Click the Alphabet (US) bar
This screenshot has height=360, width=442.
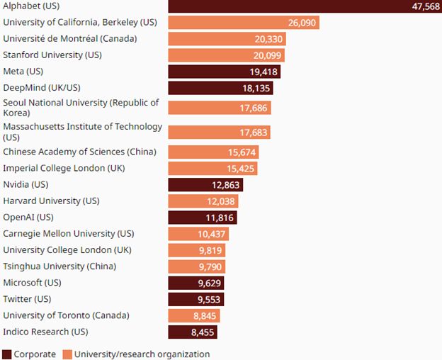pos(305,6)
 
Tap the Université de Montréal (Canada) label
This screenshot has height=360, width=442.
pos(70,38)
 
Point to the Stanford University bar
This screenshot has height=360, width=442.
pos(226,55)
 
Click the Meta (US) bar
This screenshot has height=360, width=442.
pos(224,71)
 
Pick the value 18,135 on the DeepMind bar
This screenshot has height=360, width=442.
pos(256,88)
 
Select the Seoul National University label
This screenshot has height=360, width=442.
pos(81,108)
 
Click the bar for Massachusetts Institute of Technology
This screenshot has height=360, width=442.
pos(219,133)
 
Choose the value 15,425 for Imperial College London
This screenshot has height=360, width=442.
pos(240,169)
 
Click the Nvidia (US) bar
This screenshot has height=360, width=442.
pos(205,185)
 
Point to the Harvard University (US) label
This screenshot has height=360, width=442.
pos(52,201)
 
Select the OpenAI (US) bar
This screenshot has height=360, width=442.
pos(202,218)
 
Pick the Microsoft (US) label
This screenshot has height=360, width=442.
pos(32,282)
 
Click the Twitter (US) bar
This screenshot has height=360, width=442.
pos(195,299)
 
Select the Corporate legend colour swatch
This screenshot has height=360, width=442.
pos(7,354)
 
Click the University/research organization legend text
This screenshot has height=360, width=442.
pos(142,354)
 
